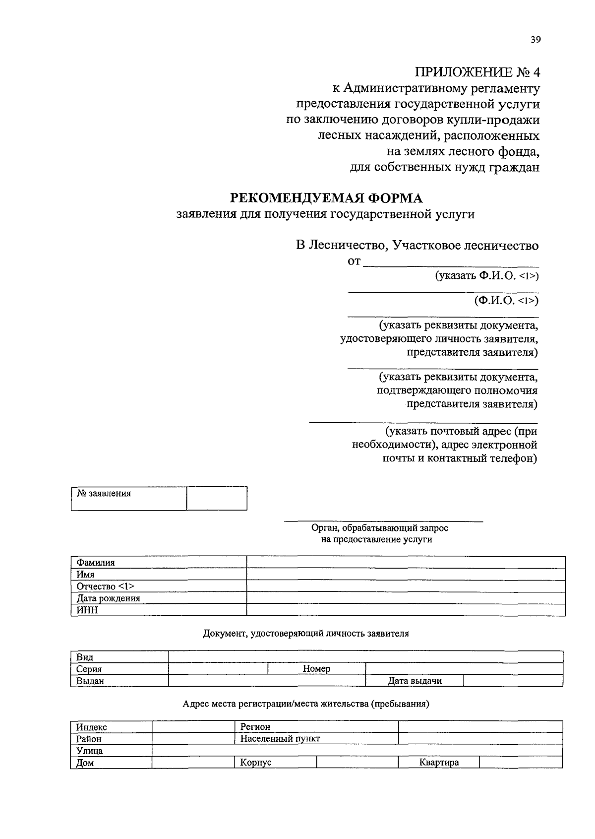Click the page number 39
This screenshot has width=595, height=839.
click(x=535, y=41)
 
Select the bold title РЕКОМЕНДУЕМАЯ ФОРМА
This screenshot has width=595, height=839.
click(x=326, y=198)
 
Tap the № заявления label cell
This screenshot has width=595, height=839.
click(x=129, y=498)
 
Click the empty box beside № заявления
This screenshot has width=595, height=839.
click(x=217, y=498)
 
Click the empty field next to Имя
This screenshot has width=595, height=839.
click(x=406, y=575)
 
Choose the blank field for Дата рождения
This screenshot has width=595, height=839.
click(x=406, y=598)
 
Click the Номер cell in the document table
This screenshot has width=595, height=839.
click(x=316, y=669)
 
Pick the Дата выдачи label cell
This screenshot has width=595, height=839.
click(x=415, y=681)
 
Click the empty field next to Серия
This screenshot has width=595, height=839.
click(x=218, y=669)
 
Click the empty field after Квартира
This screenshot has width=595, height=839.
click(x=521, y=763)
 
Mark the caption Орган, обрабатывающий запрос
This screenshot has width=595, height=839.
click(x=379, y=528)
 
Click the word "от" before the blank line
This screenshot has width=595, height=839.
click(x=354, y=261)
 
